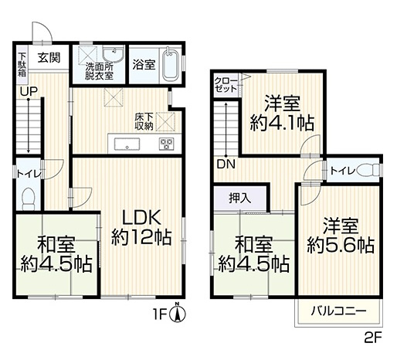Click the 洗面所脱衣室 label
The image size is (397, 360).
[100, 71]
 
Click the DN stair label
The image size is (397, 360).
[226, 165]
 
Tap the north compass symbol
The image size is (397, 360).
[179, 314]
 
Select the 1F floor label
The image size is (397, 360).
[163, 315]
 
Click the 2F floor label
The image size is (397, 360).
[373, 337]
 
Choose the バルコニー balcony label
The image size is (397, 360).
[338, 312]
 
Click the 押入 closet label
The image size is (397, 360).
[240, 198]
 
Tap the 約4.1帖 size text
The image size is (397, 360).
[283, 122]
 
